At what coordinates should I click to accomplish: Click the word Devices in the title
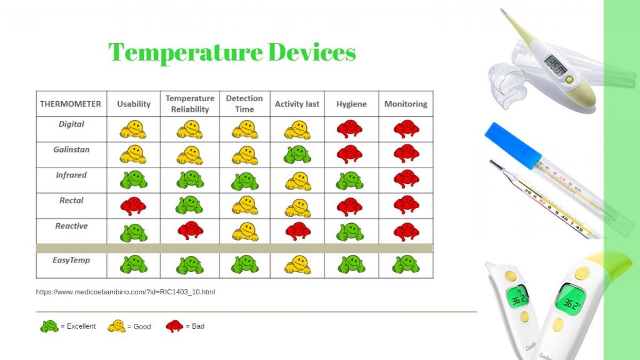[312, 52]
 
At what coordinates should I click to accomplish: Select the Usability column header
[134, 104]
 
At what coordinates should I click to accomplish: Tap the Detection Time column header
[244, 104]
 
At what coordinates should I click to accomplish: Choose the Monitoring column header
[406, 104]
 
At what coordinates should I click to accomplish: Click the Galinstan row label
[71, 149]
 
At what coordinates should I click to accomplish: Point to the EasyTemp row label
[71, 260]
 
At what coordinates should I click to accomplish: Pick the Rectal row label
[71, 201]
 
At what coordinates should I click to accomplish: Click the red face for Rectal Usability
[134, 206]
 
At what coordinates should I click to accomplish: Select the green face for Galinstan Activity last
[297, 155]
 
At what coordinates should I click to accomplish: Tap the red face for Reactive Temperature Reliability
[190, 230]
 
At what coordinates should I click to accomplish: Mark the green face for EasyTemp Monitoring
[406, 264]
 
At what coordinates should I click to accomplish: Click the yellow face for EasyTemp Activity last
[297, 264]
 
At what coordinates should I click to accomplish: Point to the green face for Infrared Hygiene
[350, 181]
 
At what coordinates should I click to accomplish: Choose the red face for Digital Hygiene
[350, 129]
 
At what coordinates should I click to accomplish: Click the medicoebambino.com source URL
[125, 292]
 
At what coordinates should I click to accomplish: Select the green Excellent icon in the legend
[49, 326]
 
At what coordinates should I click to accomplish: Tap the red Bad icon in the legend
[175, 326]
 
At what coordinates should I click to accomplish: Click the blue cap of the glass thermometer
[512, 146]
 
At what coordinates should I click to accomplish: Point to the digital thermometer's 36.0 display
[556, 65]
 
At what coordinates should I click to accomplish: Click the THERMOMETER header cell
[71, 104]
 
